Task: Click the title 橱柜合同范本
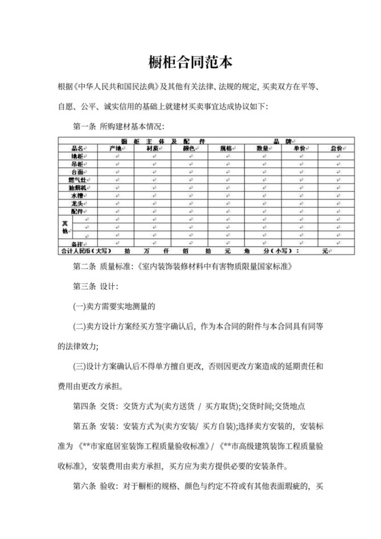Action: (190, 63)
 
